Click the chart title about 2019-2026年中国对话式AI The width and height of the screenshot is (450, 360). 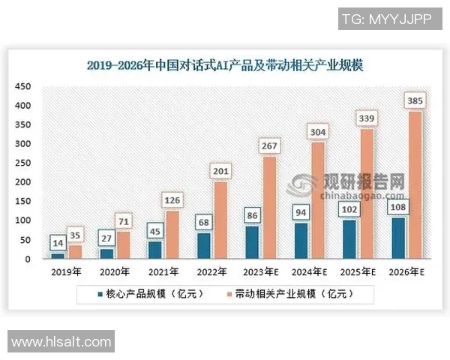pos(224,65)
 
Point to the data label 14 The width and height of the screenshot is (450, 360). pos(58,242)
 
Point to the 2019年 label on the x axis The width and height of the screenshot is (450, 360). pos(67,271)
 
